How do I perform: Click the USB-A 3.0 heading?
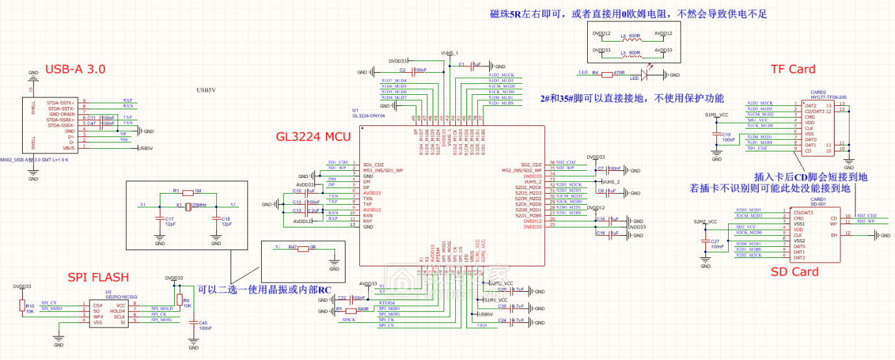pyautogui.click(x=75, y=70)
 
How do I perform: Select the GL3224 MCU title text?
pyautogui.click(x=313, y=137)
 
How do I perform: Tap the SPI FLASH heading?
pyautogui.click(x=99, y=277)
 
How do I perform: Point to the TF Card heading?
pyautogui.click(x=792, y=70)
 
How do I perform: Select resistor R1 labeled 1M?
pyautogui.click(x=188, y=193)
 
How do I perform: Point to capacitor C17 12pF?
pyautogui.click(x=160, y=221)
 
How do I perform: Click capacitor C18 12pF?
pyautogui.click(x=216, y=221)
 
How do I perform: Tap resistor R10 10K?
pyautogui.click(x=22, y=307)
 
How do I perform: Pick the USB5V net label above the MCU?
pyautogui.click(x=206, y=90)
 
